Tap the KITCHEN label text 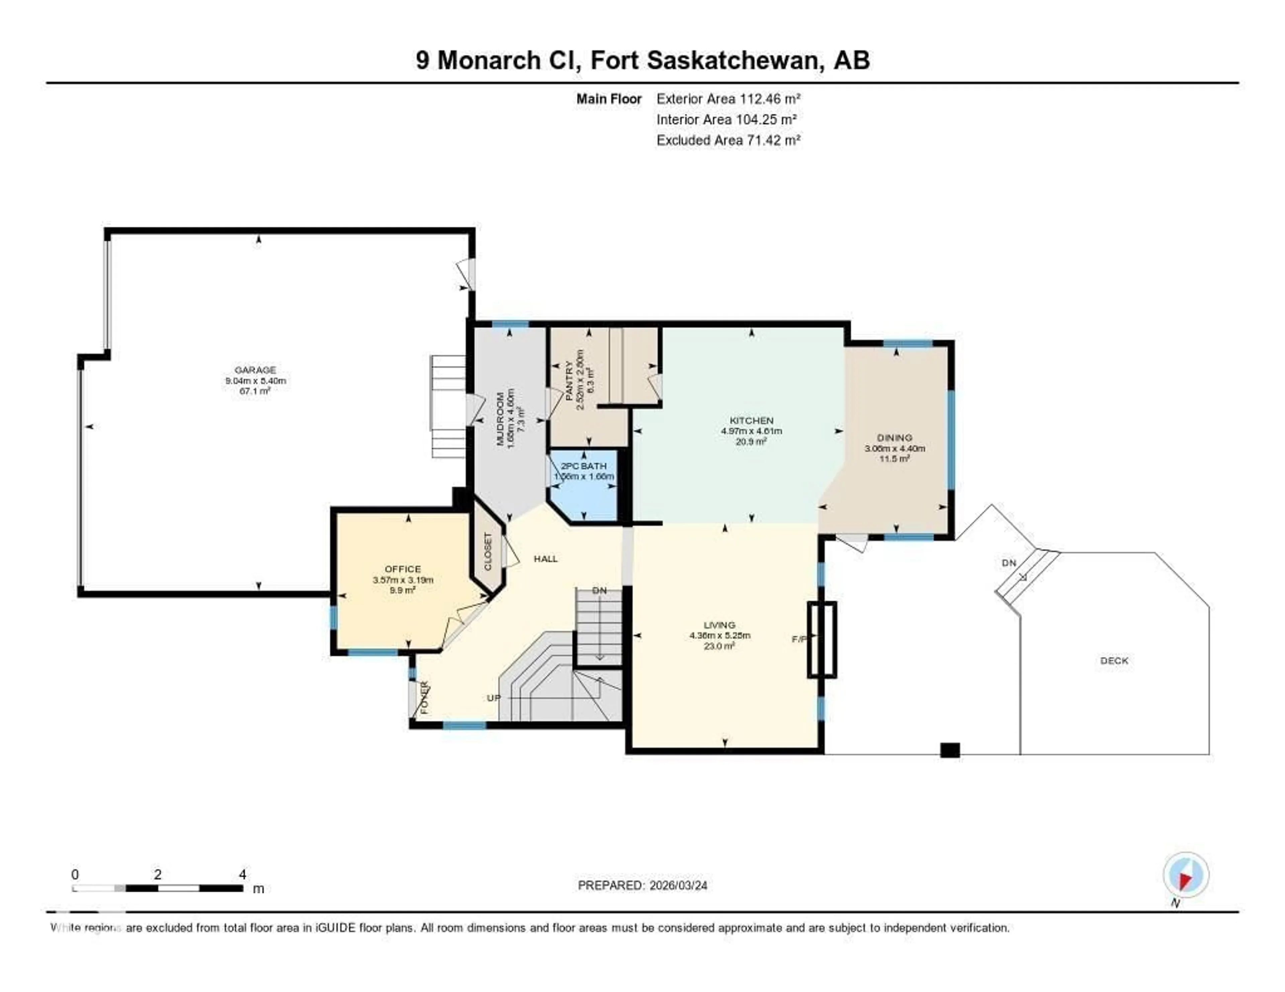point(751,420)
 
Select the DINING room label point(894,437)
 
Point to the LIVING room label point(719,625)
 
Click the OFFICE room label point(403,569)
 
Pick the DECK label point(1114,660)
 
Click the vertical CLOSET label point(488,552)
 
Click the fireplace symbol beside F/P point(822,639)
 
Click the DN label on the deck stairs point(1009,563)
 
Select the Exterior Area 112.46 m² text point(729,99)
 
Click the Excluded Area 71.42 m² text point(729,140)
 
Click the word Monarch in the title point(489,61)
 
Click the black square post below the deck point(950,750)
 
